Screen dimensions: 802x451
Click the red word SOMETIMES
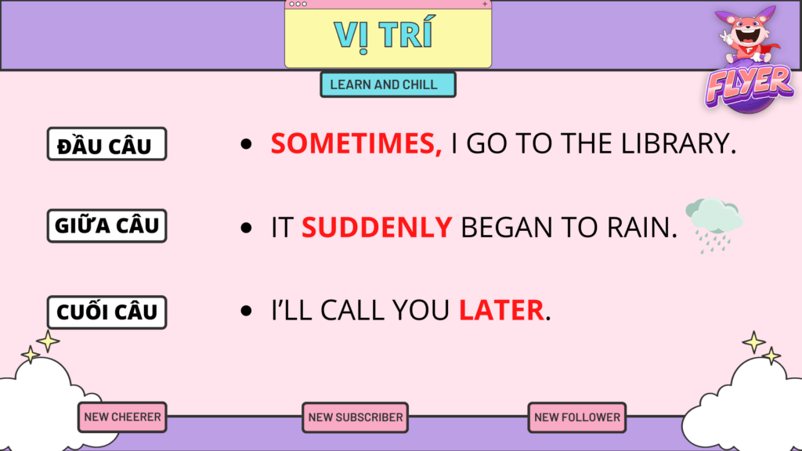click(353, 143)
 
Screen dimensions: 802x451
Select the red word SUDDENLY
click(377, 227)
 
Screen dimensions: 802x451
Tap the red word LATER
click(501, 310)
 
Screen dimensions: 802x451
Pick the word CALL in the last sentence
click(352, 310)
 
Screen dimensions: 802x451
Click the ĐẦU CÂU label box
click(107, 144)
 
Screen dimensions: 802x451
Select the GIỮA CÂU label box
click(107, 225)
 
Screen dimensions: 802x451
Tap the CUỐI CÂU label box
click(107, 312)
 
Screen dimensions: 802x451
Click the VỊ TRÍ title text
click(384, 34)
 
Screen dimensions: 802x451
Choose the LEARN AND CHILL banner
click(388, 85)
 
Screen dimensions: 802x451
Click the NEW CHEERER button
click(122, 417)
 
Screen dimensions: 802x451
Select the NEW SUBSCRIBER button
click(355, 417)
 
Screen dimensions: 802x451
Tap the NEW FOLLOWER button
click(577, 417)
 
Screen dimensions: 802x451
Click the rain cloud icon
click(714, 224)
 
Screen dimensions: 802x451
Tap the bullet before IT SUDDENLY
click(247, 228)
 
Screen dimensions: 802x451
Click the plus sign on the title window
click(485, 4)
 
